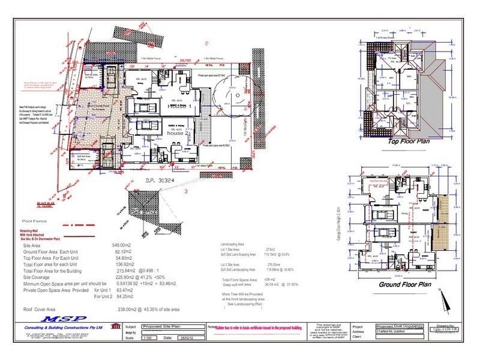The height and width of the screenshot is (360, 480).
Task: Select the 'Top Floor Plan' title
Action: (x=410, y=142)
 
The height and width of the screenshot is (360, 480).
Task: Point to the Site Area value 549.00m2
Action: (x=122, y=245)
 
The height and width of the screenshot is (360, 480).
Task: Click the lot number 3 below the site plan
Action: (x=187, y=191)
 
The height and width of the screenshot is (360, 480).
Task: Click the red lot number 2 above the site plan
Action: (x=206, y=43)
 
